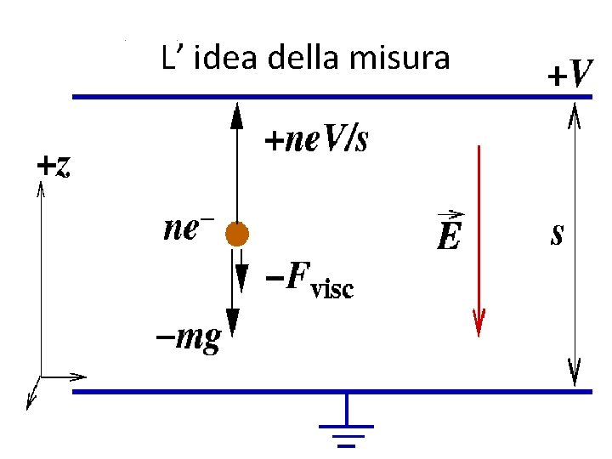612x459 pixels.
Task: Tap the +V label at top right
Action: click(x=569, y=76)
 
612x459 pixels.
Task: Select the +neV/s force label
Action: click(x=316, y=139)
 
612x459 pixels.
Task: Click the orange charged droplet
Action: click(x=236, y=234)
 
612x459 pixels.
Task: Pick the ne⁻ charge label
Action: click(x=189, y=229)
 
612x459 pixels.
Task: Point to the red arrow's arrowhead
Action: click(x=479, y=323)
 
